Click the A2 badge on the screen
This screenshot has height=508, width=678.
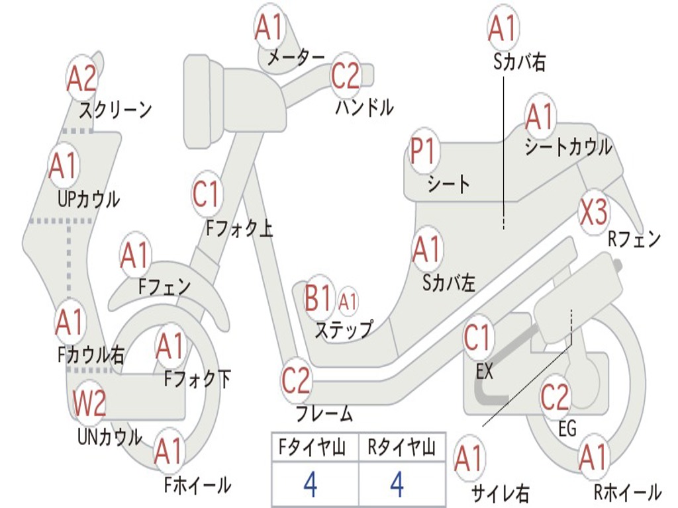click(81, 79)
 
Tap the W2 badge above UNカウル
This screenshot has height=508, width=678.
click(89, 403)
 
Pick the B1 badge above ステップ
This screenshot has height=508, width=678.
click(318, 298)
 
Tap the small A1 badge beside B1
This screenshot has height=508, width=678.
click(347, 302)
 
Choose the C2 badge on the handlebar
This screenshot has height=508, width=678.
click(346, 75)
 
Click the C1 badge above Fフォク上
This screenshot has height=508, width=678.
click(206, 194)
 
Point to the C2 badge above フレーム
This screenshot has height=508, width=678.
click(296, 380)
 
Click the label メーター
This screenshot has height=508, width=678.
click(296, 57)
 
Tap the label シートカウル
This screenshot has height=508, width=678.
click(568, 147)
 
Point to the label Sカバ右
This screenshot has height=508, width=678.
click(519, 62)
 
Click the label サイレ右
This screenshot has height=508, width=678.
click(500, 493)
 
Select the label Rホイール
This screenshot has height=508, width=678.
click(628, 492)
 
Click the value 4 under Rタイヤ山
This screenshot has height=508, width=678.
click(397, 484)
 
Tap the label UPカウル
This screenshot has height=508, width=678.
click(89, 200)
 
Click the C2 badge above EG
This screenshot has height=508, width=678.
click(555, 397)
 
